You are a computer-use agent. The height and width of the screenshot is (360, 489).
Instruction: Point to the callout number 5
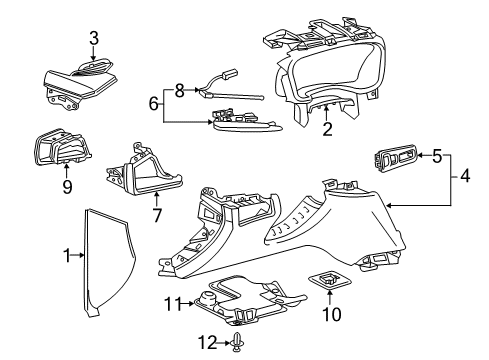(436, 155)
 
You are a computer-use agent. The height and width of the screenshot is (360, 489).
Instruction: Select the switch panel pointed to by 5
(398, 157)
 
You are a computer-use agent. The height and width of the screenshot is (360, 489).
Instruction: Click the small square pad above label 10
(328, 282)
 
